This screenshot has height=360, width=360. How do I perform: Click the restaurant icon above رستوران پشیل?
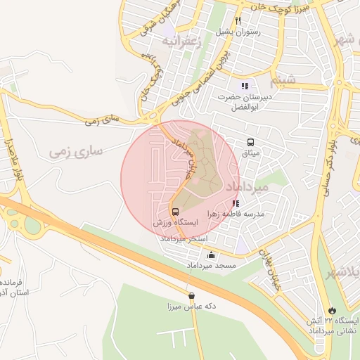(238, 20)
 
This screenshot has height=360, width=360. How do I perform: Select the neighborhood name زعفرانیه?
(181, 41)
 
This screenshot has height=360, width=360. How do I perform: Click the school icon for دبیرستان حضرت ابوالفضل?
(245, 86)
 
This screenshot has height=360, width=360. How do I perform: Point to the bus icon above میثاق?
(250, 142)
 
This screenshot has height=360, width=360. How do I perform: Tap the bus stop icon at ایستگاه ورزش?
(174, 212)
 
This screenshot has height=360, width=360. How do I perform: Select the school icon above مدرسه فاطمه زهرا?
(234, 203)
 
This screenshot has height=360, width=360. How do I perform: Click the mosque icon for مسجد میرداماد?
(211, 255)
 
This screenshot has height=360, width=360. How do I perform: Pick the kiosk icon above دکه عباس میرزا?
(191, 296)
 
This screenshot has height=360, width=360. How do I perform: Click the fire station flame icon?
(332, 310)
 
